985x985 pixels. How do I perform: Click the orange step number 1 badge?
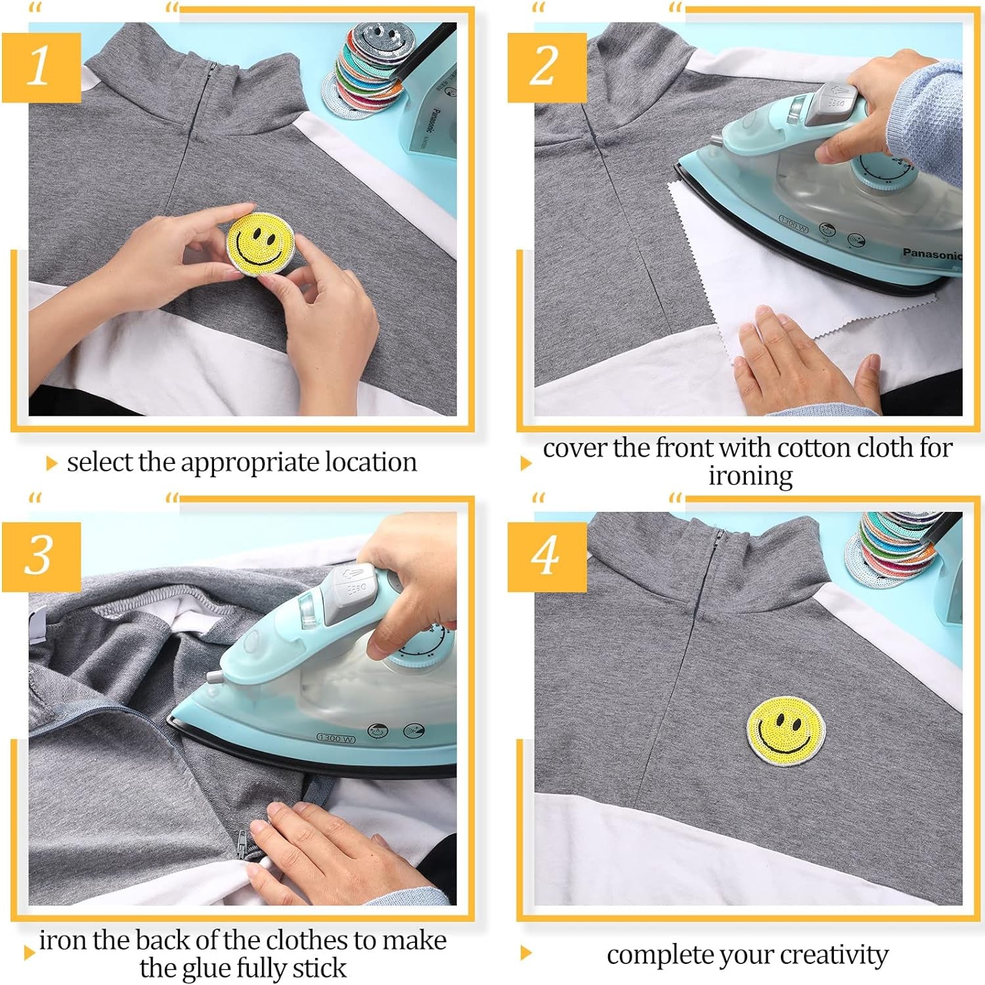[x=41, y=67]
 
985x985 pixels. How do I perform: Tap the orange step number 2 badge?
[x=546, y=67]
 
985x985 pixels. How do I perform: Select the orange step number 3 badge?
[x=41, y=557]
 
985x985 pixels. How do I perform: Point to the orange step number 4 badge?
[x=546, y=557]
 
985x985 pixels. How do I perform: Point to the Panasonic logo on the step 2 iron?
[x=931, y=253]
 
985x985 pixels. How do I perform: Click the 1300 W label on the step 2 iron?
[x=793, y=223]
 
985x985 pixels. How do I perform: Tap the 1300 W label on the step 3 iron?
[x=336, y=738]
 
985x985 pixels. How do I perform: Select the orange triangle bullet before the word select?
[x=51, y=464]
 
